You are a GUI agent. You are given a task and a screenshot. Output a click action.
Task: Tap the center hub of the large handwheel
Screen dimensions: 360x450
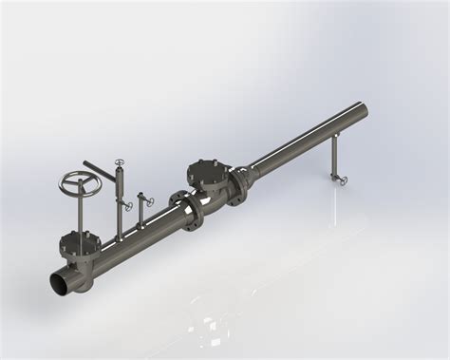[78, 182]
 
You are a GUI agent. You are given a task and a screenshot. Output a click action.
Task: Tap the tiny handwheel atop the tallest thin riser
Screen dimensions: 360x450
[119, 162]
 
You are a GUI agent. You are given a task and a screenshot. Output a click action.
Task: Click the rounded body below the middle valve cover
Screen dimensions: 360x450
[214, 195]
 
